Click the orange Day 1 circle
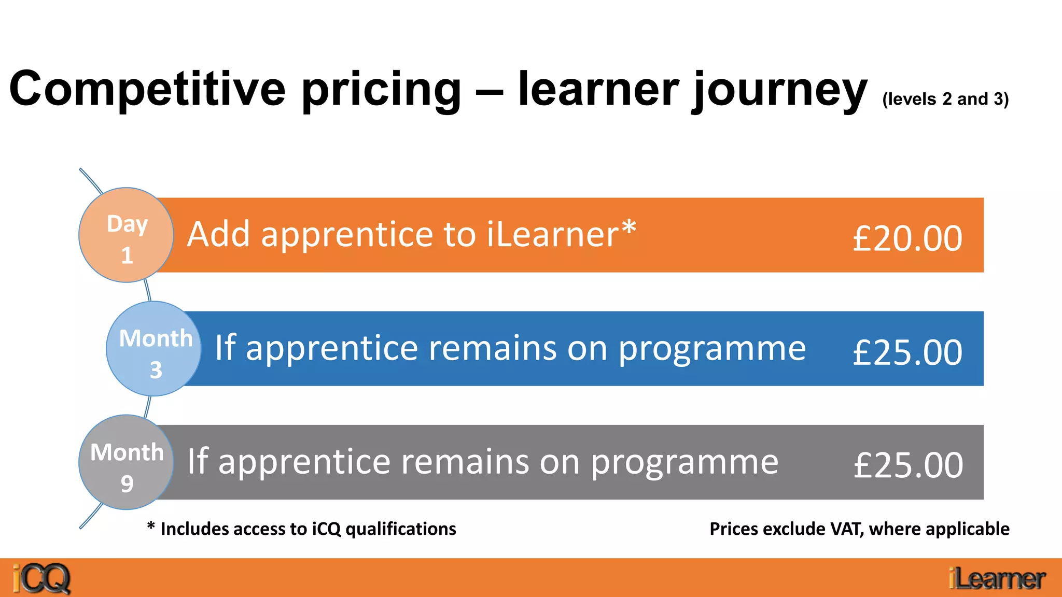(126, 235)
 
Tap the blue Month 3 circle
(153, 349)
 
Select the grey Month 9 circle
(126, 462)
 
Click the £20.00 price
(907, 239)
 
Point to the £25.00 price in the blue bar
(907, 352)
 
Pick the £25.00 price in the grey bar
(908, 465)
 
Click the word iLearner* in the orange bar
(562, 234)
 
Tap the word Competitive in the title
(147, 89)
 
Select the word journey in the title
(780, 91)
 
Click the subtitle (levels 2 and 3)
(945, 99)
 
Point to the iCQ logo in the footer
(41, 578)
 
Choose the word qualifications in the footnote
(401, 529)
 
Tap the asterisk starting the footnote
(151, 527)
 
